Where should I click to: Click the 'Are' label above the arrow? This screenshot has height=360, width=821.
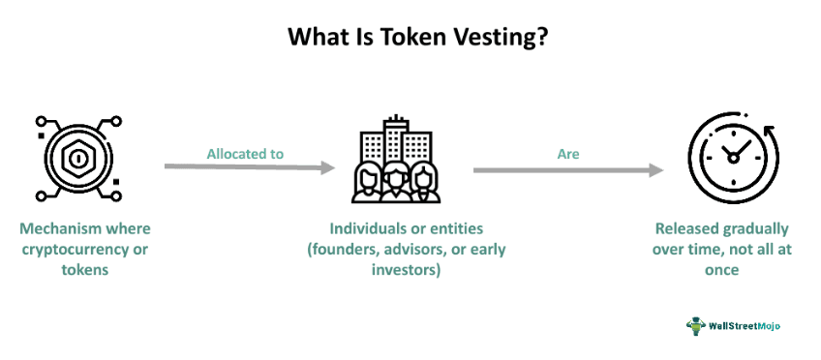(x=569, y=154)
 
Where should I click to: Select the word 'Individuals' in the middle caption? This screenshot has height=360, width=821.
(x=366, y=229)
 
